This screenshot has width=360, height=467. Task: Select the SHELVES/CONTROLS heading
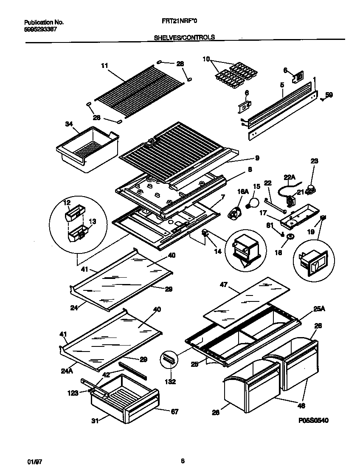coord(184,37)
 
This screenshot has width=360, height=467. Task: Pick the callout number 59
coord(329,95)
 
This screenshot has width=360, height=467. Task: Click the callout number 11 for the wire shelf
coord(104,65)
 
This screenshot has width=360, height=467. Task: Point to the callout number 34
coord(69,124)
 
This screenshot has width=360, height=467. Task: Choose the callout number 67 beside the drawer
coord(174,411)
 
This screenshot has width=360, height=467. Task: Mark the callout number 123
coord(73,393)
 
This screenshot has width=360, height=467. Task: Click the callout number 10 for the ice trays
coord(206,59)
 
